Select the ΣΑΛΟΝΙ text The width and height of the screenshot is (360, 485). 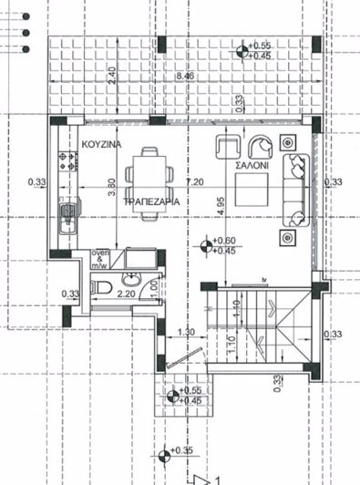(251, 167)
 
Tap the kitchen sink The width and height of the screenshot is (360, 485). (66, 219)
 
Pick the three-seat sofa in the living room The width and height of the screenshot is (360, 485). (297, 191)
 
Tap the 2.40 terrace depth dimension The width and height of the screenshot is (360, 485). (112, 78)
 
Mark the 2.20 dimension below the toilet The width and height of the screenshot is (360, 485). (128, 294)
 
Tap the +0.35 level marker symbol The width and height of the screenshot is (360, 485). (163, 451)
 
